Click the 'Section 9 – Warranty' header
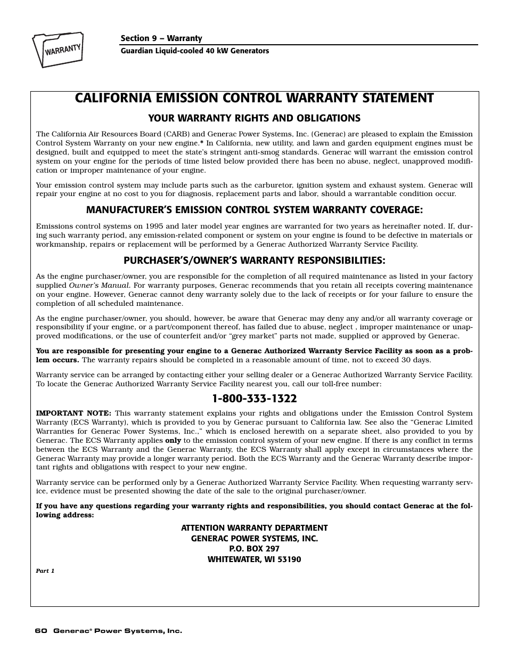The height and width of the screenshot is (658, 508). coord(161,38)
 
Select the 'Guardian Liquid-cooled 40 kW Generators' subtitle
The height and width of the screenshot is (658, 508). coord(194,51)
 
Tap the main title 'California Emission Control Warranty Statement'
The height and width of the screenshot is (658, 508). coord(254,98)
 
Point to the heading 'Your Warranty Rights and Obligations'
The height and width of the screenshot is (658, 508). coord(254,118)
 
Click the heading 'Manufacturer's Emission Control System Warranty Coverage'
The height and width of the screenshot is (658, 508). coord(254,210)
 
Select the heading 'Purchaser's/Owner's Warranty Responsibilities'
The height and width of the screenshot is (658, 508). coord(254,261)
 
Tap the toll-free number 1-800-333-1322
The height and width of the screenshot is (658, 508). coord(254,399)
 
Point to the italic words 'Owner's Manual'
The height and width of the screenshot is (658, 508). coord(99,286)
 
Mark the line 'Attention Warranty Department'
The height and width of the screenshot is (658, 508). coord(254,528)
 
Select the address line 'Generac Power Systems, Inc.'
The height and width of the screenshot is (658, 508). coord(254,539)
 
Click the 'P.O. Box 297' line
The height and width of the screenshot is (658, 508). coord(254,549)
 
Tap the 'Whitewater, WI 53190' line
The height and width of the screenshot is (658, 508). coord(254,559)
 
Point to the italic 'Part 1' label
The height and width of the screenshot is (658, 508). coord(45,571)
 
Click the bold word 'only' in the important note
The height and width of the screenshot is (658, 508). coord(173,441)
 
